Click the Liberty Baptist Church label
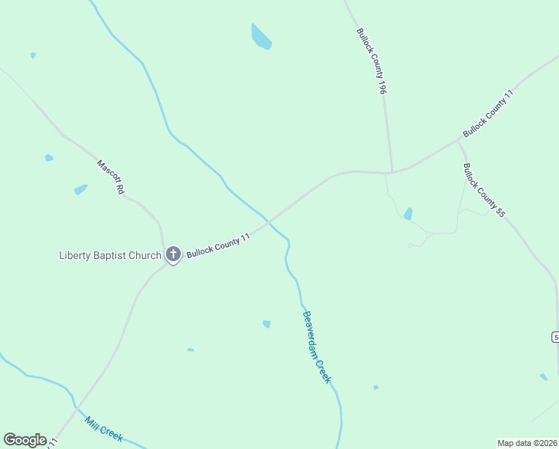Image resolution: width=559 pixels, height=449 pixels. click(110, 255)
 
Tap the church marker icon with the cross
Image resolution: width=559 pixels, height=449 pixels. click(173, 254)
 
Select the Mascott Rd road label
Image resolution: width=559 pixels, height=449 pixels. click(110, 177)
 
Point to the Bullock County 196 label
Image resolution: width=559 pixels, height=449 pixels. click(371, 61)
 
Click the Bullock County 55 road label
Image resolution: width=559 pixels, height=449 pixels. click(484, 190)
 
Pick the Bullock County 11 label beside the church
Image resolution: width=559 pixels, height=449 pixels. click(217, 243)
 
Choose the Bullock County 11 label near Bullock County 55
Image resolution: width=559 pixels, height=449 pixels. click(489, 113)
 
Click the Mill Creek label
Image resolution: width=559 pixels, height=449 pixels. click(104, 429)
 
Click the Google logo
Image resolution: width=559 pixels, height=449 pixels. click(25, 440)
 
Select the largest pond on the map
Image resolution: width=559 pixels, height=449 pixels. click(261, 37)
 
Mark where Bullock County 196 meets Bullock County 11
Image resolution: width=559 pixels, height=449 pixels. click(390, 173)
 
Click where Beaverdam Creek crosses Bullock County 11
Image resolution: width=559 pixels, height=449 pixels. click(269, 222)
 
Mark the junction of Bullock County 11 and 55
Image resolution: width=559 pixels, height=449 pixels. click(458, 139)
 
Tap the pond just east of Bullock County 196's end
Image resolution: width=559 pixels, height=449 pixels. click(408, 214)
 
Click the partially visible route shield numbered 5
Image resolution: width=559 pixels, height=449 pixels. click(556, 337)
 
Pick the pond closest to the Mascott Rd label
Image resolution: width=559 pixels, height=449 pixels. click(81, 189)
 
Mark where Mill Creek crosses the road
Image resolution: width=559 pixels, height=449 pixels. click(76, 408)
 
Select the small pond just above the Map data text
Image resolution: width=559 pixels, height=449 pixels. click(543, 376)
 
